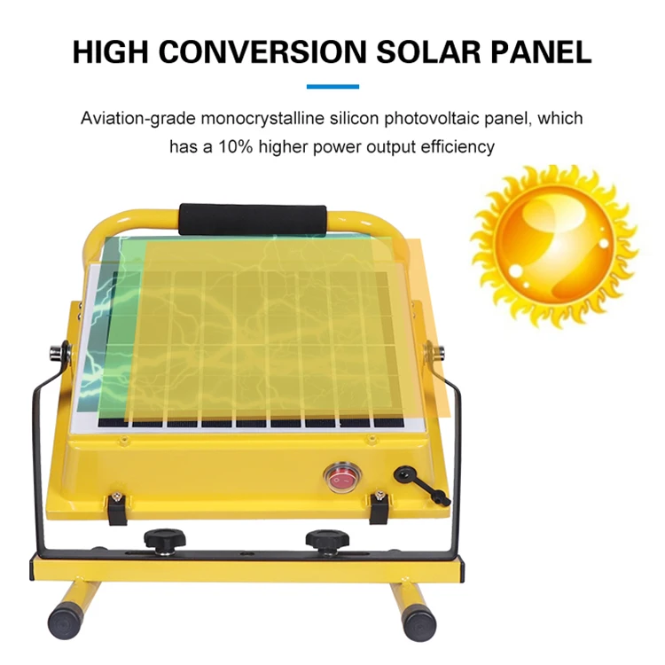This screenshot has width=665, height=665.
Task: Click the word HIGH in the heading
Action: [x=113, y=51]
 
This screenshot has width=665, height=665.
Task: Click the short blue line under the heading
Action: [x=332, y=86]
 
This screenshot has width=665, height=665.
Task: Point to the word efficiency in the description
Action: [x=451, y=146]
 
